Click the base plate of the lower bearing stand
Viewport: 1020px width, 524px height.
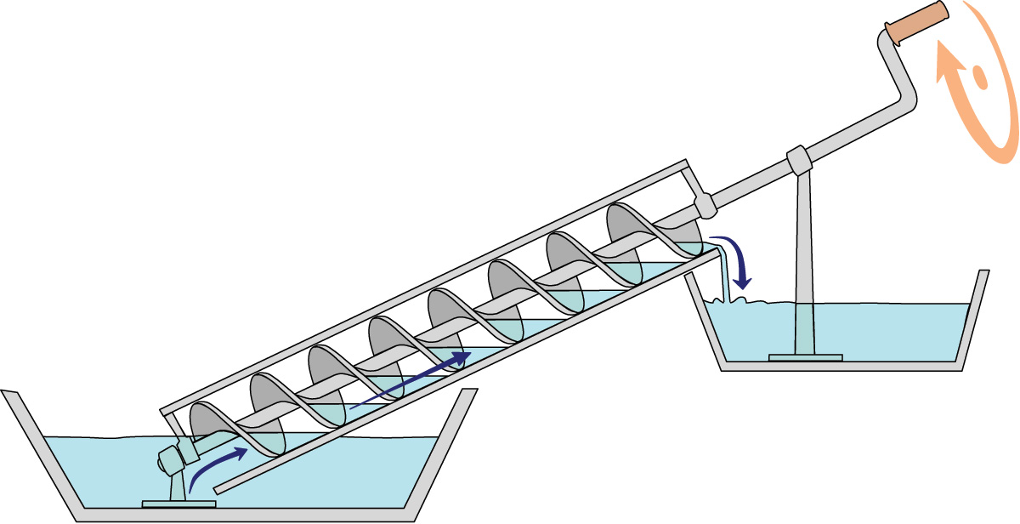click(178, 504)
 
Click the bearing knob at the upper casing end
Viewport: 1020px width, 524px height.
click(705, 205)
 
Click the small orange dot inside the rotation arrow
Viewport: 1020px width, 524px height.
click(979, 79)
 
